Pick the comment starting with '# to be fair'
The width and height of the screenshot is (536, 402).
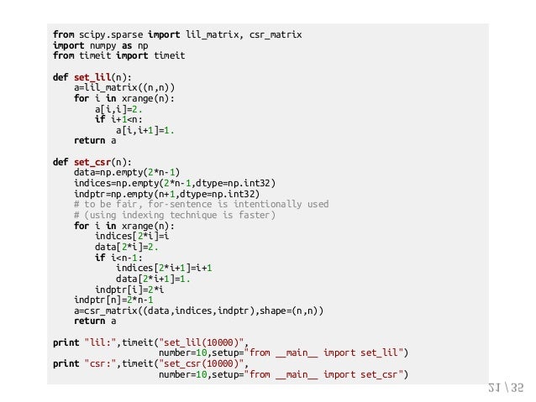(x=201, y=205)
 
